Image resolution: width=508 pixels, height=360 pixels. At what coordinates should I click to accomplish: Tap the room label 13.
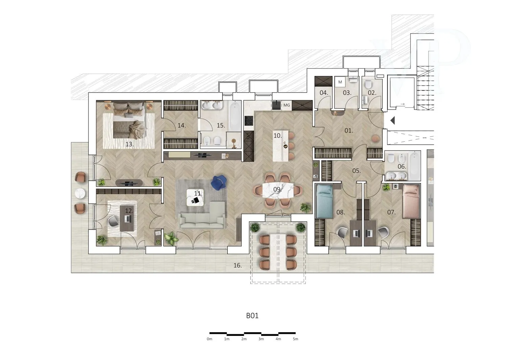point(129,144)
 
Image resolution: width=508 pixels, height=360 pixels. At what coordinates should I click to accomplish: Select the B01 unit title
point(252,316)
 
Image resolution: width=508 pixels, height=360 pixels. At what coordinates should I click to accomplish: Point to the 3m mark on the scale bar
point(261,339)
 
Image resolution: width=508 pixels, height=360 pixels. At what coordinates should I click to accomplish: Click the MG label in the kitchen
point(287,105)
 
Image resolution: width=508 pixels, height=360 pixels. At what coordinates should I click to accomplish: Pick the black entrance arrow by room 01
point(393,121)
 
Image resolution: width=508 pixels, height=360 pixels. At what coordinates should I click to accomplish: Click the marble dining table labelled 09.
point(278,190)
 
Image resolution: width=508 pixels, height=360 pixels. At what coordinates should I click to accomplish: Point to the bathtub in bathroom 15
point(234,116)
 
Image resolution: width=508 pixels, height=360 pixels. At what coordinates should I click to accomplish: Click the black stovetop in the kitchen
point(249,121)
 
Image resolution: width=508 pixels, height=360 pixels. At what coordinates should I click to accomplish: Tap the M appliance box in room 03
point(340,82)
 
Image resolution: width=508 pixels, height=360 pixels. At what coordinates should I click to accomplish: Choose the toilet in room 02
point(368,85)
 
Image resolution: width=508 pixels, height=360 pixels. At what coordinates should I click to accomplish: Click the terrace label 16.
point(237,265)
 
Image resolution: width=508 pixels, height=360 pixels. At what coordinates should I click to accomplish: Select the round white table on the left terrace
point(80,193)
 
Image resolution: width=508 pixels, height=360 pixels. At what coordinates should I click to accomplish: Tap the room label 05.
point(356,171)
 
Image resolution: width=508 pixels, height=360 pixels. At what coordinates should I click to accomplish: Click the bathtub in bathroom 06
point(414,164)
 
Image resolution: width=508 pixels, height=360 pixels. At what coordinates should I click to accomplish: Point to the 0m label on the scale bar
point(209,339)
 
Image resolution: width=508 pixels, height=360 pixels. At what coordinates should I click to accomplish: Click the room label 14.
point(182,125)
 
